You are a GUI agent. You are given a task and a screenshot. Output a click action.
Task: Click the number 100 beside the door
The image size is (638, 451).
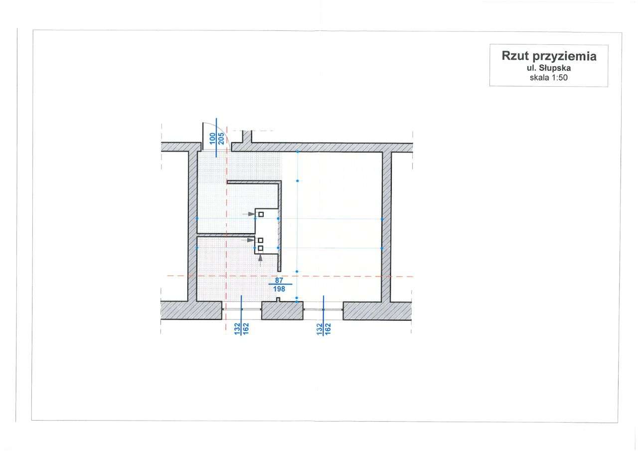coord(212,139)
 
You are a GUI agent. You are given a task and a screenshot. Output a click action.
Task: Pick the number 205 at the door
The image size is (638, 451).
coord(220,139)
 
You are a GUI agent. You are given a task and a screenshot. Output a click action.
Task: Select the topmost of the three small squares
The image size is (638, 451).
coord(261,214)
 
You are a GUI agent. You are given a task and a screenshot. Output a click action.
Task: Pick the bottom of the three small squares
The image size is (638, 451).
coord(260,248)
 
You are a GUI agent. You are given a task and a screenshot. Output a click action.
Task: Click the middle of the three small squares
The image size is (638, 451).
coord(260,240)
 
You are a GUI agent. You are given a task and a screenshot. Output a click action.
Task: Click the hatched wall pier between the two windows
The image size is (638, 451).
coord(283,310)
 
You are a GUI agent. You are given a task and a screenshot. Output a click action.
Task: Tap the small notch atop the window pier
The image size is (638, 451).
coord(279,299)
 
